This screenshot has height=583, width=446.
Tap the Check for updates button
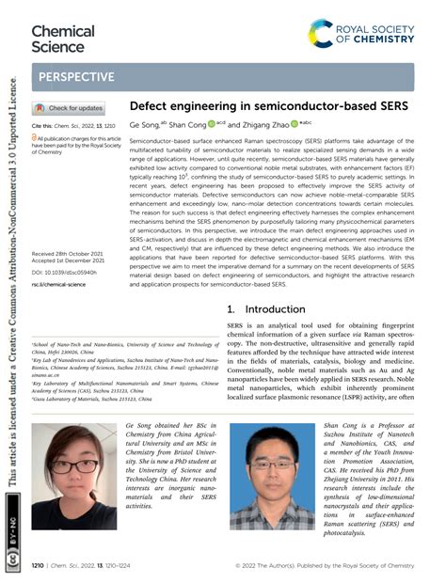click(71, 108)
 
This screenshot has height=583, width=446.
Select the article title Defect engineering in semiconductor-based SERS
click(268, 106)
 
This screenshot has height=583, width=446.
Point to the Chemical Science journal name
click(63, 38)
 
